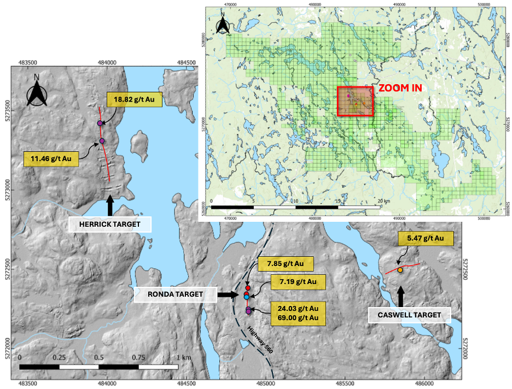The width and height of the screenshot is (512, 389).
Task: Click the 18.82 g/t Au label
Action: (134, 99)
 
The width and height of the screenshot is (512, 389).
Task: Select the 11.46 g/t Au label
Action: (51, 160)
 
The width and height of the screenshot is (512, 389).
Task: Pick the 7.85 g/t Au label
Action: (285, 264)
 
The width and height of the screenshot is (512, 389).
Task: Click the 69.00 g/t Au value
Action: (298, 317)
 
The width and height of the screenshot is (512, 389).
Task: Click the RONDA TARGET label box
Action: (175, 294)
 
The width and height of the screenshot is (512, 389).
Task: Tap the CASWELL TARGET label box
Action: (409, 315)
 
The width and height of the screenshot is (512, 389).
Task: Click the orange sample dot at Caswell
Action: (400, 270)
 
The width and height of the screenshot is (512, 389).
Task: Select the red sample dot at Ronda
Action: (247, 287)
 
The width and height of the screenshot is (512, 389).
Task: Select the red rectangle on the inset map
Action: (355, 101)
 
